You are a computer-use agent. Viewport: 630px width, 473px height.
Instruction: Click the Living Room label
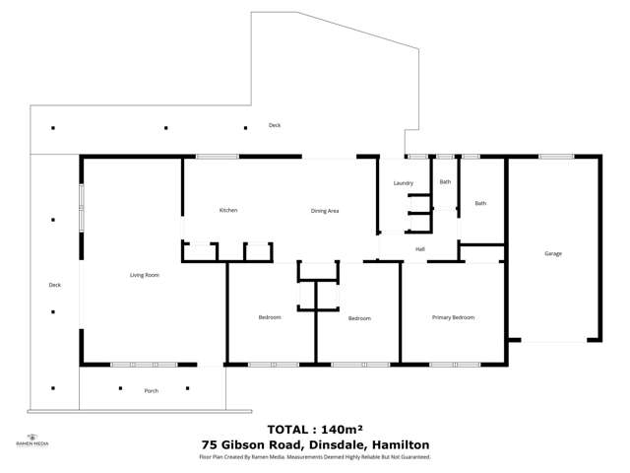click(x=145, y=275)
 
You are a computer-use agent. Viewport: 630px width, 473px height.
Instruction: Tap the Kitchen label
click(x=227, y=210)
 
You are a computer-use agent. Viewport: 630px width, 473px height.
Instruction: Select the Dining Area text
click(x=325, y=211)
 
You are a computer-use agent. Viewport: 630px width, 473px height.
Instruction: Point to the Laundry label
click(x=403, y=183)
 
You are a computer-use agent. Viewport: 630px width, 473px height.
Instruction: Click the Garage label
click(x=553, y=253)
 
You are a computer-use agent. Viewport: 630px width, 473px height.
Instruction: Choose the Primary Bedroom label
click(x=454, y=317)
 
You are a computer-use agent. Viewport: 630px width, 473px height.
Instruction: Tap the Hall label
click(x=419, y=248)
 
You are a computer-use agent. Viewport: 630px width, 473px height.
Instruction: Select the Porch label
click(x=151, y=391)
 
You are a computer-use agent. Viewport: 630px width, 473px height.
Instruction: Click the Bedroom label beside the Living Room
click(x=270, y=317)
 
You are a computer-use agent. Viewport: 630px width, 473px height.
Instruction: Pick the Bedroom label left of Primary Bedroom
click(x=358, y=318)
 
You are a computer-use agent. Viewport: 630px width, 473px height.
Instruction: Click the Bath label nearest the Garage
click(x=480, y=203)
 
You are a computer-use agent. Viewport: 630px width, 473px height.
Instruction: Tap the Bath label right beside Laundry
click(x=445, y=181)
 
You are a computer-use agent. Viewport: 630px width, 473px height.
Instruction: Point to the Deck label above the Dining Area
click(x=275, y=125)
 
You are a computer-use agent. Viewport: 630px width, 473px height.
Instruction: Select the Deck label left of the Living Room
click(x=55, y=285)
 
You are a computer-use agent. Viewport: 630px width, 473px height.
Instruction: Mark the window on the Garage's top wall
click(x=555, y=156)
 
